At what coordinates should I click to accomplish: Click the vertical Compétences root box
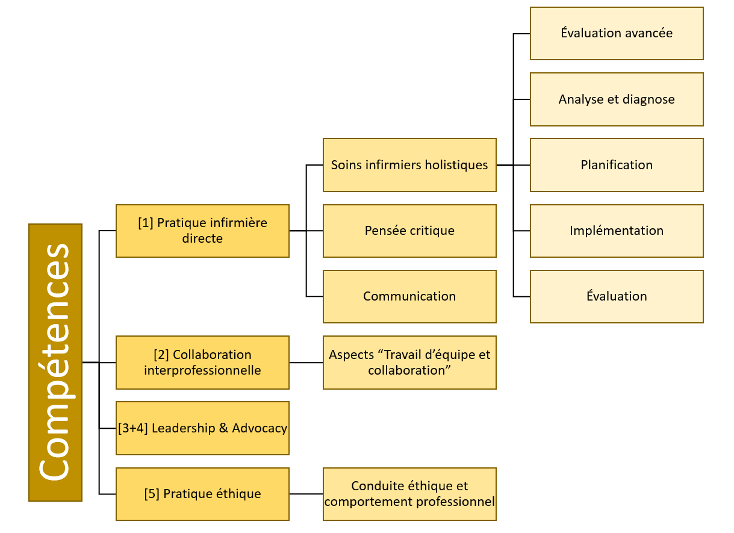[55, 362]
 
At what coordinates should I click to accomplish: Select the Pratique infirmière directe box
[202, 231]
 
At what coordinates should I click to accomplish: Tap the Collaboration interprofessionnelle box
[202, 362]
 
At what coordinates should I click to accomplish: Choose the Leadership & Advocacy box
[202, 428]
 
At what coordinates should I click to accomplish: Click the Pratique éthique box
[202, 494]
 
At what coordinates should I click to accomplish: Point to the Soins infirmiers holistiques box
[409, 165]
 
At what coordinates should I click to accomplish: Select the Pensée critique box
[409, 231]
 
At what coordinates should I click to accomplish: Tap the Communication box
[409, 296]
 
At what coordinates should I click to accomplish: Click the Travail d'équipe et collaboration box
[409, 362]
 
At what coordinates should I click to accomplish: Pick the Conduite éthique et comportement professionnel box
[409, 494]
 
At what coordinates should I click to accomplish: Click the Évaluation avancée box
[617, 33]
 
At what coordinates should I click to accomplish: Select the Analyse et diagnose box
[617, 99]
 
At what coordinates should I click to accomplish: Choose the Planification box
[617, 165]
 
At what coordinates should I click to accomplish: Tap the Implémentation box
[617, 231]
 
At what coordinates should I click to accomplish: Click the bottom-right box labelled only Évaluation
[617, 296]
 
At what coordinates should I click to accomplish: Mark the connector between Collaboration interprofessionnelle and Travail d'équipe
[306, 363]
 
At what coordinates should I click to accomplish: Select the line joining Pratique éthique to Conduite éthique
[306, 494]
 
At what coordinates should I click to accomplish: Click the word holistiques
[458, 165]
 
